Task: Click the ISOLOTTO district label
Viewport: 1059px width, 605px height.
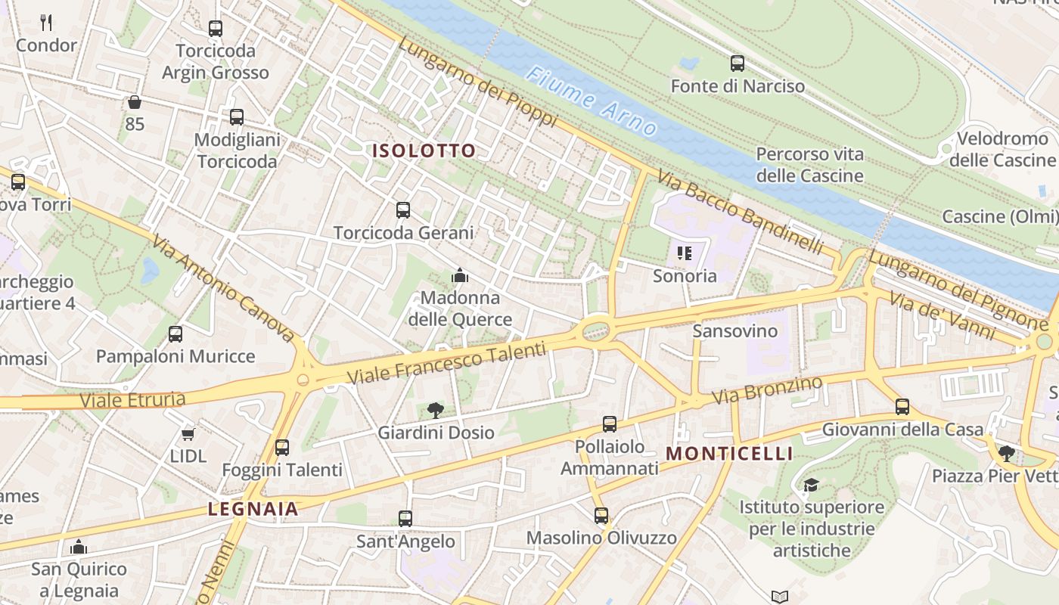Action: pyautogui.click(x=424, y=150)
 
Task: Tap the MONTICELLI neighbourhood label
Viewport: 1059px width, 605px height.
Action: pyautogui.click(x=729, y=454)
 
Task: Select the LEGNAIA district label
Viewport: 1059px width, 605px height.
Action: pyautogui.click(x=253, y=509)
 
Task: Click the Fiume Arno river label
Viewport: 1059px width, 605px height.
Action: pyautogui.click(x=592, y=101)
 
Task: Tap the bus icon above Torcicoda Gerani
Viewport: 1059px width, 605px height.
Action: pyautogui.click(x=403, y=210)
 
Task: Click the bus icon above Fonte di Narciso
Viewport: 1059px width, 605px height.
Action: pyautogui.click(x=738, y=64)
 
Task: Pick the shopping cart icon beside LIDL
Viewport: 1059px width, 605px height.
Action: pyautogui.click(x=188, y=434)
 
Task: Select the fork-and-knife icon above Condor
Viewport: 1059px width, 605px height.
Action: pyautogui.click(x=46, y=23)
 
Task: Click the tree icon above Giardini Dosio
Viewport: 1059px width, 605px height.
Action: pyautogui.click(x=435, y=411)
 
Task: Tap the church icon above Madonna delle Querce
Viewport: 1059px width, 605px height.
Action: pyautogui.click(x=460, y=276)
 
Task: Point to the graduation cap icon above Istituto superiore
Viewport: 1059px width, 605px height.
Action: pyautogui.click(x=811, y=485)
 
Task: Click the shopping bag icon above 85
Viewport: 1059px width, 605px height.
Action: pyautogui.click(x=135, y=101)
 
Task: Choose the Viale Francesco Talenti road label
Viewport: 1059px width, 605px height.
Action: pyautogui.click(x=446, y=363)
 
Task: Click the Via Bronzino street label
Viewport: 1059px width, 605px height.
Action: pyautogui.click(x=767, y=390)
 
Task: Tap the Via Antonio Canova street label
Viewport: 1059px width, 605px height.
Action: pyautogui.click(x=222, y=288)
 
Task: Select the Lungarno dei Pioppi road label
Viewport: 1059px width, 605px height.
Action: pyautogui.click(x=477, y=82)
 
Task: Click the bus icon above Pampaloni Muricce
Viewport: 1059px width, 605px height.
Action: pyautogui.click(x=175, y=334)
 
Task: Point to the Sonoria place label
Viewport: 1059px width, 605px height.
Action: pyautogui.click(x=685, y=275)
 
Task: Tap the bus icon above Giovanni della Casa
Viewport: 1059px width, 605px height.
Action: pyautogui.click(x=902, y=407)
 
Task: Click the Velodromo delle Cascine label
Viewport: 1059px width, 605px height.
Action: pyautogui.click(x=1002, y=149)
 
